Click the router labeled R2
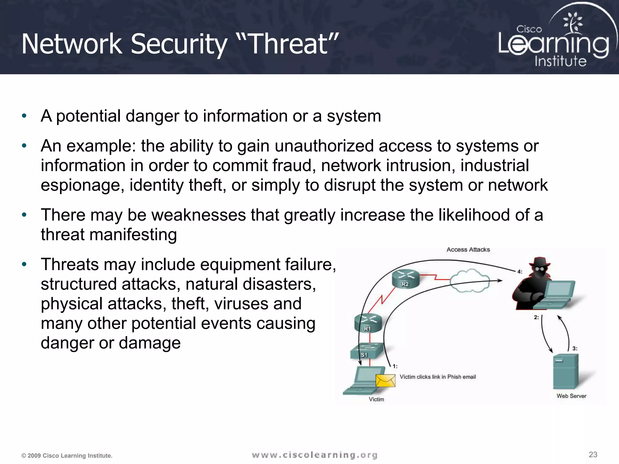click(406, 279)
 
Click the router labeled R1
click(368, 323)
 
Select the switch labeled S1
click(367, 351)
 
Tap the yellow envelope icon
click(385, 381)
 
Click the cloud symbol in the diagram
click(469, 281)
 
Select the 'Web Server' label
click(571, 396)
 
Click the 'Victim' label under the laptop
click(376, 399)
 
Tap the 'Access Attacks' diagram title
click(468, 250)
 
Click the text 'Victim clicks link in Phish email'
click(438, 377)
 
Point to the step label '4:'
click(520, 271)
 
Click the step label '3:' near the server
click(575, 348)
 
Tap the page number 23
click(593, 454)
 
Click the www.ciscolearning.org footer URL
click(314, 455)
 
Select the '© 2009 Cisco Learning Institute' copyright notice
click(67, 456)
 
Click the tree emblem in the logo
click(572, 23)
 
